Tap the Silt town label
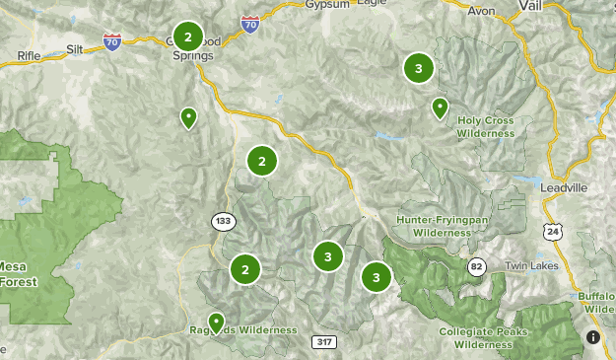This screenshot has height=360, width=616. pyautogui.click(x=76, y=47)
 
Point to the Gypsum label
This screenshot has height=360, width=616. pyautogui.click(x=301, y=4)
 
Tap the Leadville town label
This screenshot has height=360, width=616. pyautogui.click(x=565, y=185)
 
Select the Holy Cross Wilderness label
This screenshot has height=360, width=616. pyautogui.click(x=486, y=127)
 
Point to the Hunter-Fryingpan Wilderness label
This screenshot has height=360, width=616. pyautogui.click(x=435, y=226)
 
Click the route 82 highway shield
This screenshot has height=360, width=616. pyautogui.click(x=477, y=265)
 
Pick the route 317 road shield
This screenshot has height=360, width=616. pyautogui.click(x=323, y=341)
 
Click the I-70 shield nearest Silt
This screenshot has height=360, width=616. pyautogui.click(x=111, y=42)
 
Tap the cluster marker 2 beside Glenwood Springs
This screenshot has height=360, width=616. pyautogui.click(x=187, y=36)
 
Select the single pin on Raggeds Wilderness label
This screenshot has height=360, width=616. pyautogui.click(x=215, y=322)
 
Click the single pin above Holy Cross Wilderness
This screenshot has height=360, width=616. pyautogui.click(x=441, y=107)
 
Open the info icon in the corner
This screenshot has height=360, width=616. pyautogui.click(x=592, y=337)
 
